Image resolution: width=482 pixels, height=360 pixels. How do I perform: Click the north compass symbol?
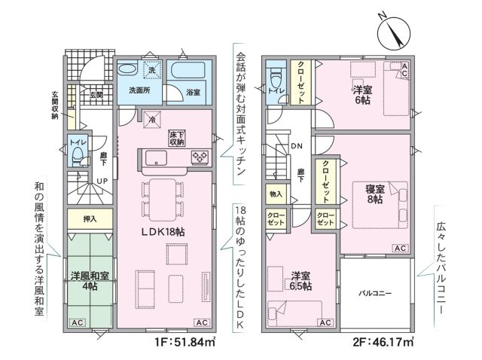[x=394, y=33]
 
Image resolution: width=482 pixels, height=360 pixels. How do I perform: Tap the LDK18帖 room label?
[x=163, y=232]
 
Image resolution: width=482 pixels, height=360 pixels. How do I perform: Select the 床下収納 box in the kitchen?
[x=176, y=139]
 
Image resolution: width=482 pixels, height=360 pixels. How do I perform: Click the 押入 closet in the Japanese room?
[x=90, y=218]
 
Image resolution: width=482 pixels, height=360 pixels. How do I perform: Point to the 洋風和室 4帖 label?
[x=90, y=281]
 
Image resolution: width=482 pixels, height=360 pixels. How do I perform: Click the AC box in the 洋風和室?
[x=78, y=323]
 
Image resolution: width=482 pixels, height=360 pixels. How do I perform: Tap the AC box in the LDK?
[x=202, y=323]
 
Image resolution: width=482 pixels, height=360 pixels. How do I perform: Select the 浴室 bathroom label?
[x=194, y=92]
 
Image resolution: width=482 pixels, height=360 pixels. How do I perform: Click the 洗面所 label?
[x=139, y=90]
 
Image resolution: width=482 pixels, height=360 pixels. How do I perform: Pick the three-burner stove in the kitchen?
[x=200, y=157]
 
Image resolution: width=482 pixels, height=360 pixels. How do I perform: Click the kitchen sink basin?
[x=156, y=157]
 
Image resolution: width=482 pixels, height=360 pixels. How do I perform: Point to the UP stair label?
[x=102, y=181]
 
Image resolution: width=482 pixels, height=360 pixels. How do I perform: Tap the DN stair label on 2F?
[x=297, y=146]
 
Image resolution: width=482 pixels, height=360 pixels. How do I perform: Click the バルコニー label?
[x=375, y=293]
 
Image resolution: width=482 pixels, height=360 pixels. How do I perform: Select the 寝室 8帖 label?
[x=375, y=194]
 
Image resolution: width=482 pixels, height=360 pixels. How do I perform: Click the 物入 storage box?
[x=276, y=194]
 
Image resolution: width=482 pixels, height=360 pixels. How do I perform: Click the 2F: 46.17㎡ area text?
[x=383, y=342]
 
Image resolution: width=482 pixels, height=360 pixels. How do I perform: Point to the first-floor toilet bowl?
[x=77, y=154]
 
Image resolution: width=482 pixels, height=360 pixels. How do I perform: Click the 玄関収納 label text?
[x=55, y=105]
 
